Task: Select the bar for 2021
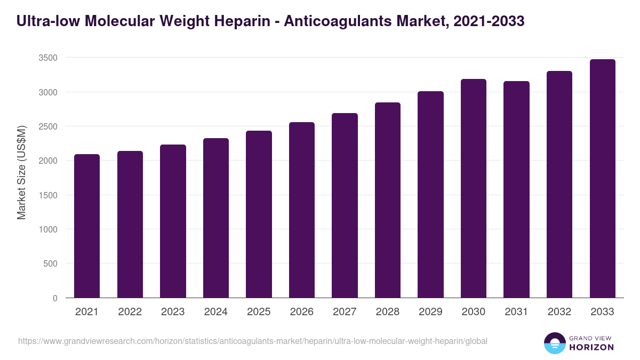87,226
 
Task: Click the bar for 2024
216,218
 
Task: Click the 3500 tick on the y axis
47,58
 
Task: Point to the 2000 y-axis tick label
47,161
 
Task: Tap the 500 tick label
50,263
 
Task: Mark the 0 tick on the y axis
55,298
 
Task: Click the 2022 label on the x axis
130,312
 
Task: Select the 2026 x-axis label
302,312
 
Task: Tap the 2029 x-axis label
430,312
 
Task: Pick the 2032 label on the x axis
559,312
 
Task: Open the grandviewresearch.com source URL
252,341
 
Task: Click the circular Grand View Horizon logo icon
555,343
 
